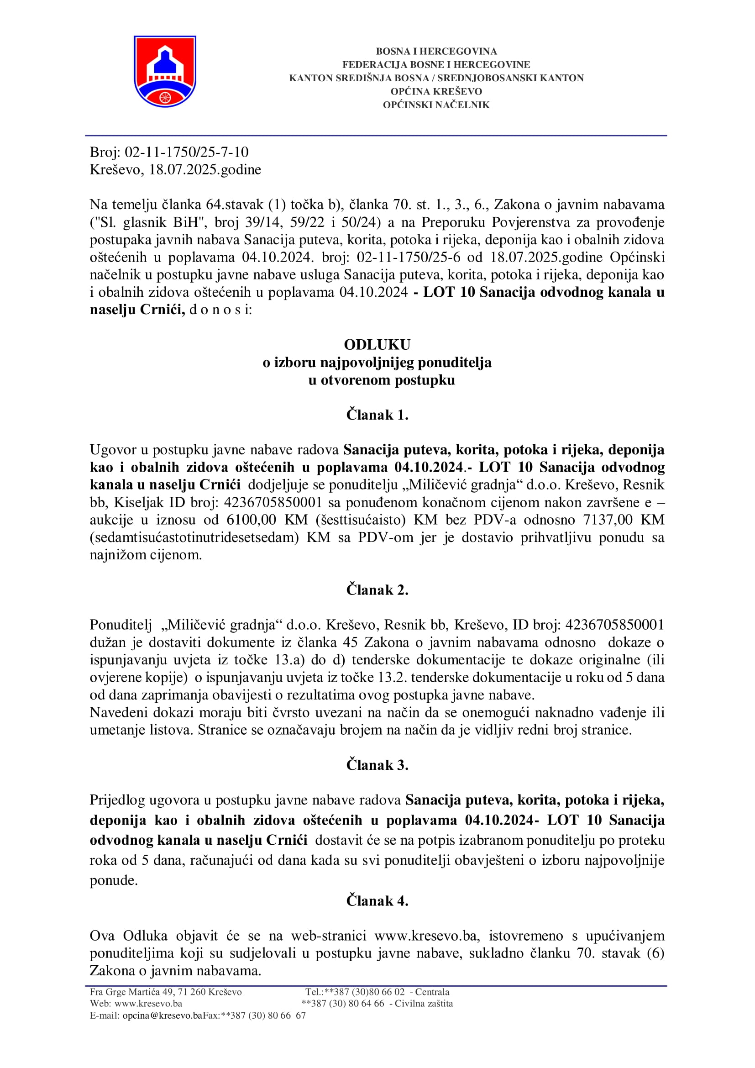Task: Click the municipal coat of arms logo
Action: (165, 71)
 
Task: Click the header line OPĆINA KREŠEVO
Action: (435, 91)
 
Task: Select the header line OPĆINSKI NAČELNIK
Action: (435, 105)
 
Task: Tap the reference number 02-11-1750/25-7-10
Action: (186, 152)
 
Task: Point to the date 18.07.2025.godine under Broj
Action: (204, 169)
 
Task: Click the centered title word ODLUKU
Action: (377, 345)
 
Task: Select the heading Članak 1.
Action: (377, 415)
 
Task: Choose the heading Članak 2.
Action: (377, 590)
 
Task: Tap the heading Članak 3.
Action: (377, 765)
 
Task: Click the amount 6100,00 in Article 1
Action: (251, 520)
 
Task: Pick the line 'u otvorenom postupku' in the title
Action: (381, 380)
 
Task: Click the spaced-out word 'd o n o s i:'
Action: (220, 310)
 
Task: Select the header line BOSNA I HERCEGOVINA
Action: (435, 51)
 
